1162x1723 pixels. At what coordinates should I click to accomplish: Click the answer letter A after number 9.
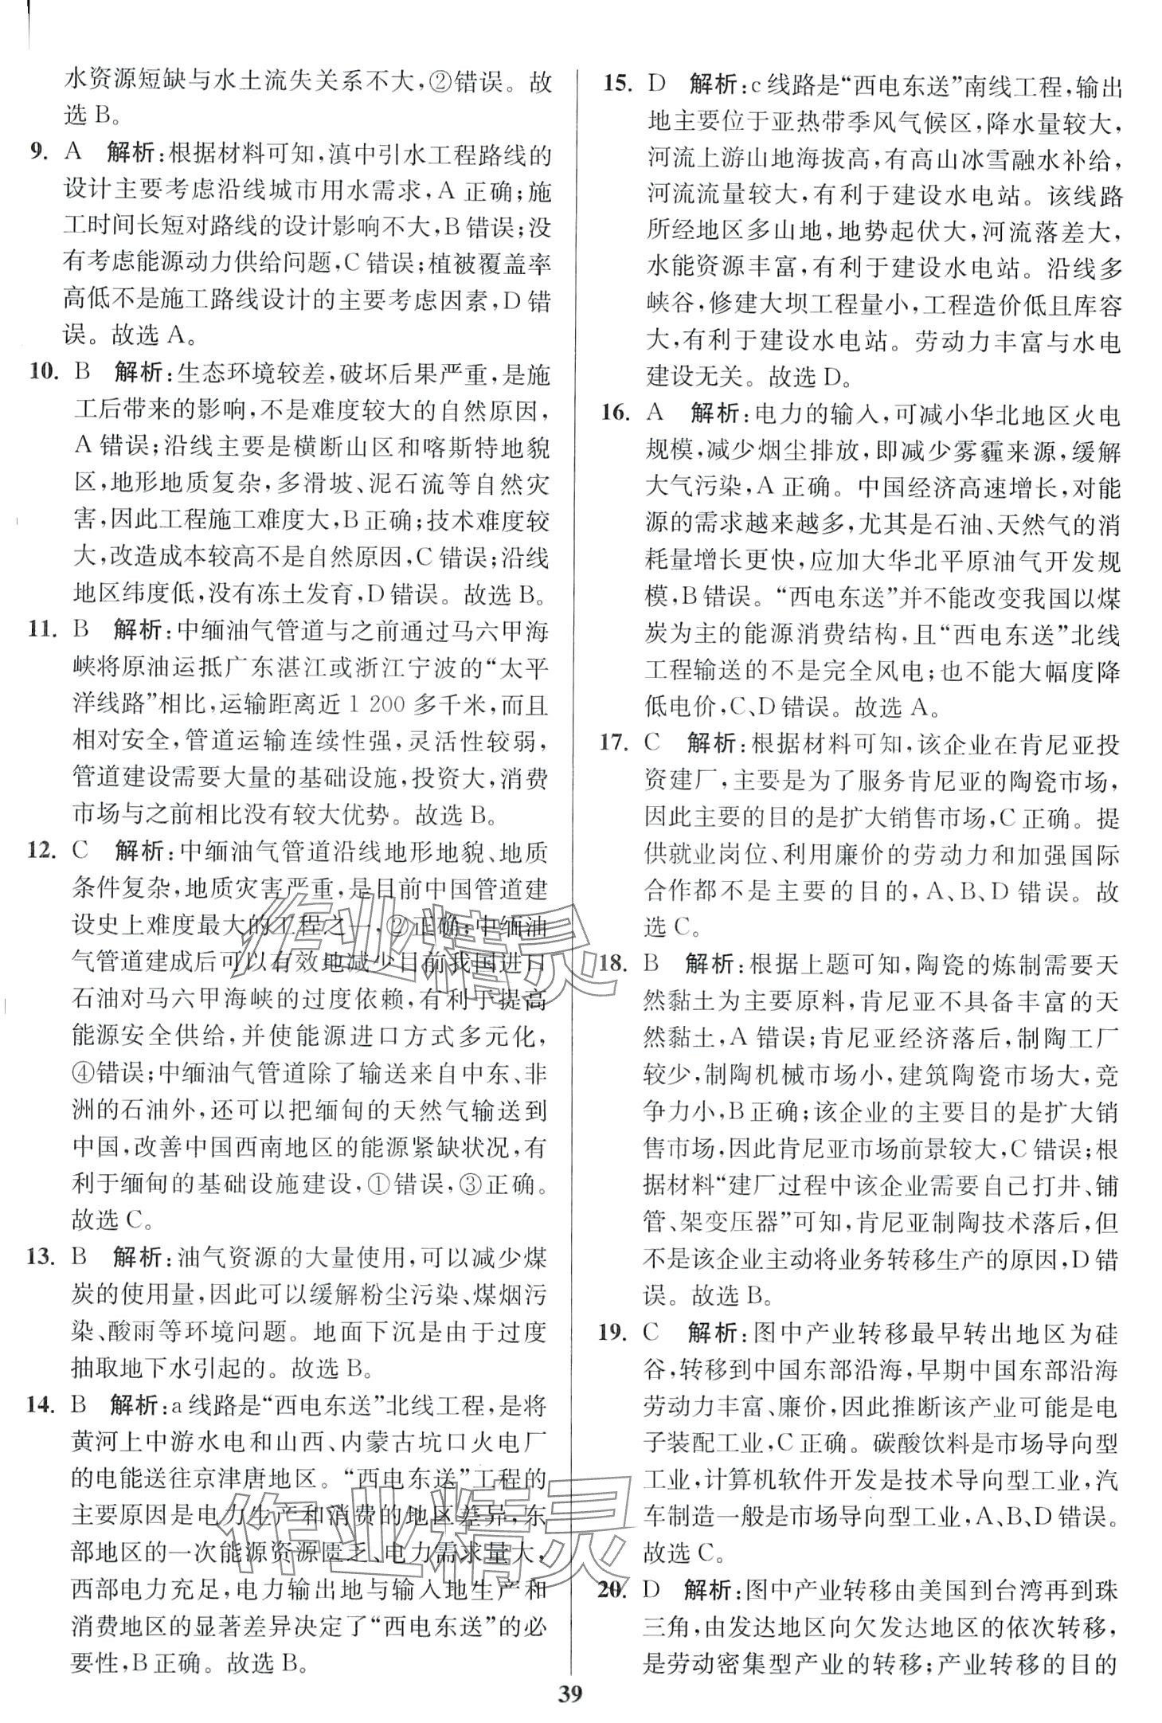[74, 154]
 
